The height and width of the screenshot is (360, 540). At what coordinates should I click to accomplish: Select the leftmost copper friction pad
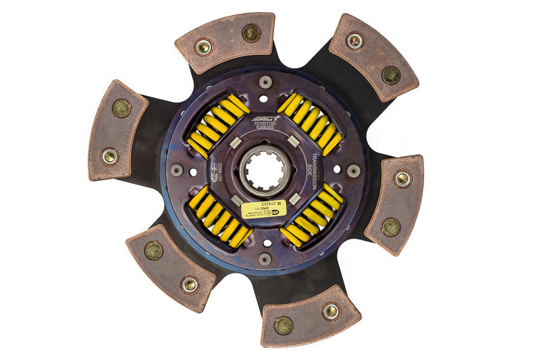tap(117, 130)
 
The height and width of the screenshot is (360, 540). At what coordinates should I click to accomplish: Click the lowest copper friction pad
tap(310, 316)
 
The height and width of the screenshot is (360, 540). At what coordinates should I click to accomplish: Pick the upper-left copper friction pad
tap(225, 42)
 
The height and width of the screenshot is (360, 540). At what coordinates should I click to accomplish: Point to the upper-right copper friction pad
tap(373, 55)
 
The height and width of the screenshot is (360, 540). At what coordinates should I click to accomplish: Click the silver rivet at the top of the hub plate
tap(265, 82)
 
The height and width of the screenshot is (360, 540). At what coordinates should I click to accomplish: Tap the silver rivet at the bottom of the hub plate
tap(265, 258)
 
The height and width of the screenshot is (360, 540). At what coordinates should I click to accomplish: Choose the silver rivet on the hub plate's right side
tap(353, 170)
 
